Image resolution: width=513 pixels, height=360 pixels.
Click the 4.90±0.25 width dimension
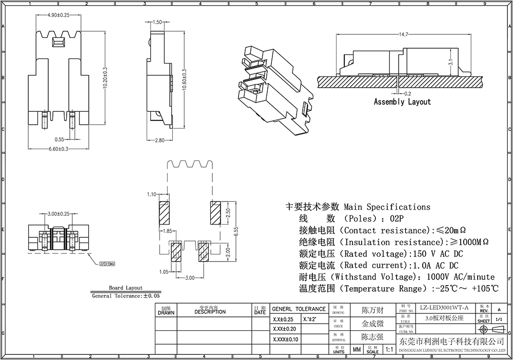point(58,15)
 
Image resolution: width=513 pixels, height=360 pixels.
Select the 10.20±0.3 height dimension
point(105,77)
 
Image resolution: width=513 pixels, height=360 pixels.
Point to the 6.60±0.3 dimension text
point(58,149)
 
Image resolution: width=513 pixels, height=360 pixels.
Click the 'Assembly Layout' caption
point(402,102)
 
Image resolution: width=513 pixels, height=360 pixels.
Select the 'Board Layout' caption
point(126,288)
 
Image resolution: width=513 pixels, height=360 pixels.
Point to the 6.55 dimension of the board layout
point(235,232)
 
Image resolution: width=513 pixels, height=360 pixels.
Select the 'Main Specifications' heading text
point(387,207)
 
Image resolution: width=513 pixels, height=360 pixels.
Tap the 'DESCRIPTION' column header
point(210,312)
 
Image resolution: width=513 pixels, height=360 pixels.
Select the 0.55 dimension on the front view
point(60,139)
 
